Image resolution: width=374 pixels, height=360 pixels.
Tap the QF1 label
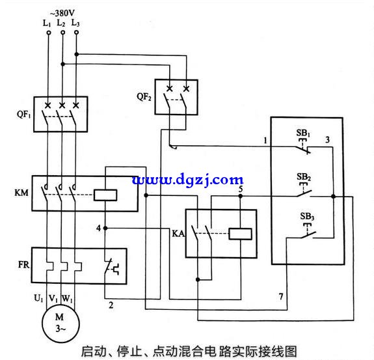click(23, 115)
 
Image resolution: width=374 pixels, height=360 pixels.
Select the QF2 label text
click(144, 97)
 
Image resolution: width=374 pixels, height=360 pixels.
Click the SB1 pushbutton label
click(303, 133)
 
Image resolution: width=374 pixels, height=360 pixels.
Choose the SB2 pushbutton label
click(304, 177)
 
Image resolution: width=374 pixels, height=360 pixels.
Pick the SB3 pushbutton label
click(307, 216)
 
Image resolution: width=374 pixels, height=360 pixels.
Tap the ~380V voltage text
click(62, 13)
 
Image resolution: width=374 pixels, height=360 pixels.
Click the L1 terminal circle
click(49, 33)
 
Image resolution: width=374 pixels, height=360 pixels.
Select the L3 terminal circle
click(77, 32)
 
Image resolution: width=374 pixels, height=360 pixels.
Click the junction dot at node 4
click(105, 228)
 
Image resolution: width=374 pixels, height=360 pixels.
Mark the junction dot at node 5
click(241, 196)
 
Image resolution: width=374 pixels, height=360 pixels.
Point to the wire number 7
click(281, 296)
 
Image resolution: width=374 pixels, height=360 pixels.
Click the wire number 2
click(111, 305)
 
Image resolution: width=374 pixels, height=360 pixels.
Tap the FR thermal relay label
click(23, 264)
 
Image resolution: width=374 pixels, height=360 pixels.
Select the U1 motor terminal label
click(38, 298)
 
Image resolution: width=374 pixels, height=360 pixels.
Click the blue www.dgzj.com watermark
click(188, 180)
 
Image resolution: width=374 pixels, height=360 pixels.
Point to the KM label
click(21, 193)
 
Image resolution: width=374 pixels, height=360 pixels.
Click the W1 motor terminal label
click(67, 298)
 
